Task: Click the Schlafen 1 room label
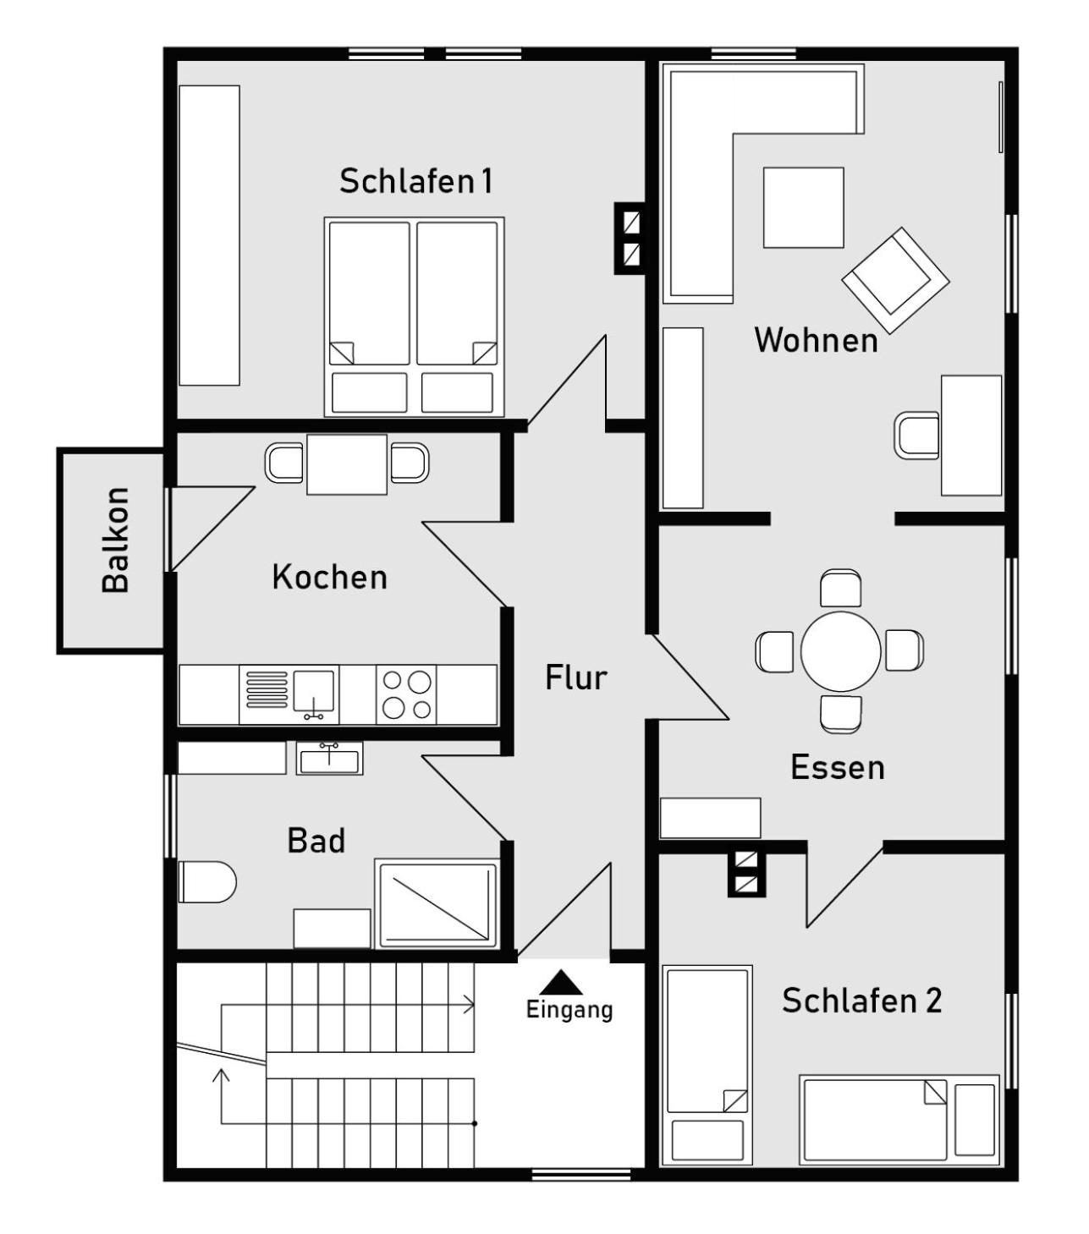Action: pyautogui.click(x=415, y=181)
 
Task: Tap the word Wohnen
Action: pyautogui.click(x=816, y=340)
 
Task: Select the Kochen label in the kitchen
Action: pyautogui.click(x=330, y=577)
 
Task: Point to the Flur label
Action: pyautogui.click(x=576, y=677)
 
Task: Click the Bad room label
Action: pyautogui.click(x=316, y=841)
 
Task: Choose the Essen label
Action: pyautogui.click(x=838, y=767)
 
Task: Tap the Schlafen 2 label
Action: pyautogui.click(x=861, y=1000)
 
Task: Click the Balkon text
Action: pyautogui.click(x=116, y=540)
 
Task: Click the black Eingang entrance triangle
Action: pyautogui.click(x=561, y=983)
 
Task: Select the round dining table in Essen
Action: pyautogui.click(x=840, y=651)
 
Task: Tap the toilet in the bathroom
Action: pyautogui.click(x=207, y=881)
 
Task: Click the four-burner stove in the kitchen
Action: pyautogui.click(x=406, y=694)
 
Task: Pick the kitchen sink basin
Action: pyautogui.click(x=314, y=691)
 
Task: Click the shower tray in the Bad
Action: pyautogui.click(x=437, y=904)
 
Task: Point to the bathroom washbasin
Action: pyautogui.click(x=330, y=759)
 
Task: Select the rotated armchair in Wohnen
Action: pyautogui.click(x=894, y=280)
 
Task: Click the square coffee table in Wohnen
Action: pyautogui.click(x=803, y=208)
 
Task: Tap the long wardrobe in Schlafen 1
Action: pyautogui.click(x=209, y=235)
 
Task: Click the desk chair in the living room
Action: pyautogui.click(x=916, y=436)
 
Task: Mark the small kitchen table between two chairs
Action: pyautogui.click(x=347, y=464)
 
